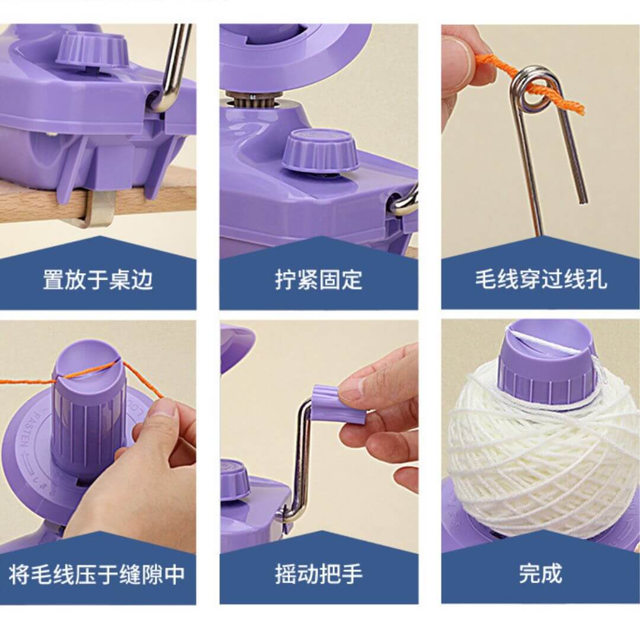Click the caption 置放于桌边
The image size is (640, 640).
98,280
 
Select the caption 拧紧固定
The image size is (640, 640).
319,280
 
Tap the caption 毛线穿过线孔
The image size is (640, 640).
540,280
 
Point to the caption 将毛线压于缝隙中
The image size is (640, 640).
97,574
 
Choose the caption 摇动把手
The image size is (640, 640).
319,574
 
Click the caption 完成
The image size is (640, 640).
540,574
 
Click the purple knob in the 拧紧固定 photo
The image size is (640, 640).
321,152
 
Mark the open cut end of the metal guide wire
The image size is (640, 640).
583,201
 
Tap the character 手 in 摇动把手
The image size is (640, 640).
351,574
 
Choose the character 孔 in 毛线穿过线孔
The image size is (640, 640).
596,280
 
